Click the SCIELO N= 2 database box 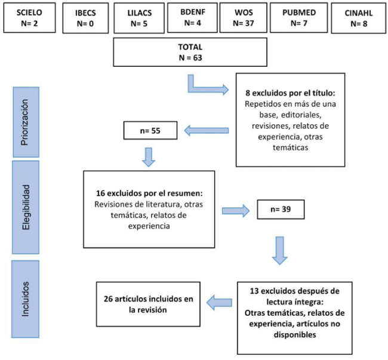[24, 17]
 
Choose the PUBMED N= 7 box [297, 17]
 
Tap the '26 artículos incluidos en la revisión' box [147, 304]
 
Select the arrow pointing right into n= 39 [237, 210]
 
